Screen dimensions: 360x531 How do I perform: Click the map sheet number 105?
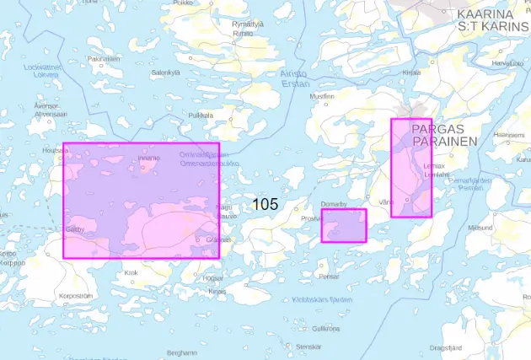(265, 204)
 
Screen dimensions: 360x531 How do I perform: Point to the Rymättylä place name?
(248, 24)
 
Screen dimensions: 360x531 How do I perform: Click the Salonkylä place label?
(167, 73)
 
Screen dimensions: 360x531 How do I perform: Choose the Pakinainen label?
(100, 58)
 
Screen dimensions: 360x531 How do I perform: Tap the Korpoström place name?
(74, 296)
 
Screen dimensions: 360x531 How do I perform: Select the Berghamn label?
(182, 352)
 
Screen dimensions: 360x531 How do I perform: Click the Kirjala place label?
(411, 73)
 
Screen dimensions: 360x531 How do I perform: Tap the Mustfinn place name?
(322, 96)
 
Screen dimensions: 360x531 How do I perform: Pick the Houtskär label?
(55, 151)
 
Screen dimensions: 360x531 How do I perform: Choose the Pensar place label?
(329, 277)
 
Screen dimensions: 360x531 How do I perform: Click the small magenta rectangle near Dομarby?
(344, 226)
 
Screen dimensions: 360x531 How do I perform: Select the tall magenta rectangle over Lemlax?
(411, 168)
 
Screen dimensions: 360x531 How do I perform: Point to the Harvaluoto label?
(501, 62)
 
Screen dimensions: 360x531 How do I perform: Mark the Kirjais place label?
(217, 291)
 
